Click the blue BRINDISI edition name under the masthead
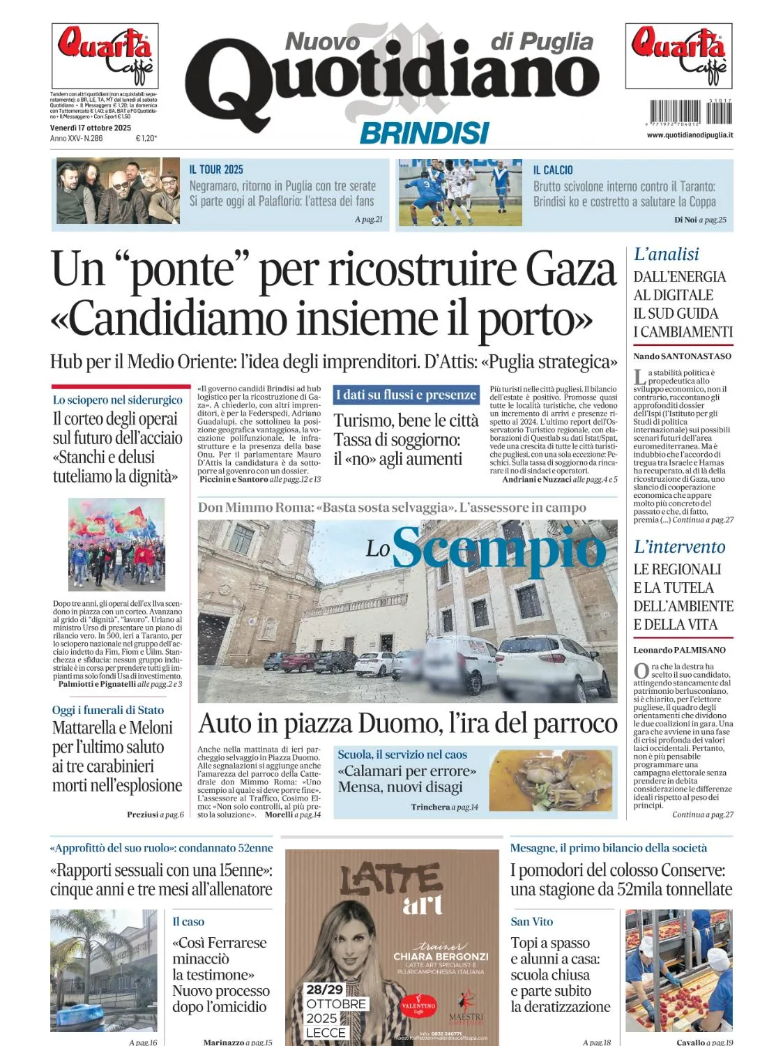[x=424, y=132]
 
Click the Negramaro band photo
[x=118, y=190]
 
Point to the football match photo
[x=459, y=192]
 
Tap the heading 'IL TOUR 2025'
[x=216, y=169]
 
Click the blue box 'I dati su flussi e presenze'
[x=406, y=395]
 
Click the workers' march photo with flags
[x=116, y=545]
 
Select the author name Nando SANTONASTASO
[x=682, y=356]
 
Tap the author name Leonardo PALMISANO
[x=679, y=650]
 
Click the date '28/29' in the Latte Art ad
[x=325, y=990]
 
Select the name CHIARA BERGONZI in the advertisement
[x=441, y=956]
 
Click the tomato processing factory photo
[x=678, y=970]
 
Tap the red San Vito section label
[x=531, y=922]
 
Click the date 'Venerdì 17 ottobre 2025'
[x=91, y=128]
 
